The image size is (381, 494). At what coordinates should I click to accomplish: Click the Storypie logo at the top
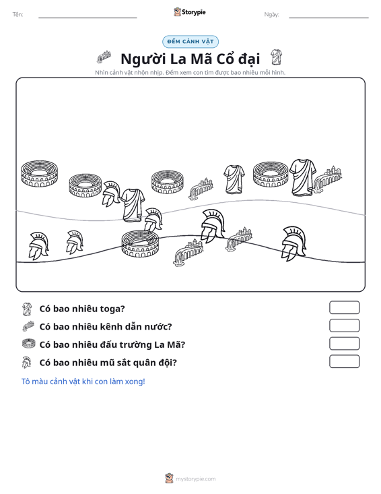pos(190,12)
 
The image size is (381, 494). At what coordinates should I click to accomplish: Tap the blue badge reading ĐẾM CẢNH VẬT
pos(190,42)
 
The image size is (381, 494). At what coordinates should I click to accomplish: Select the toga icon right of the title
pos(276,57)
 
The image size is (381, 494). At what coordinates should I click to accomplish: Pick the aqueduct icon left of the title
pos(104,57)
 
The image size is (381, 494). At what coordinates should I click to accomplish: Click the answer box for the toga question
pos(344,307)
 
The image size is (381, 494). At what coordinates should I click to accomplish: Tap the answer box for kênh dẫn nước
pos(344,326)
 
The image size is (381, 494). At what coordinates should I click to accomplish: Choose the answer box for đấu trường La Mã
pos(344,344)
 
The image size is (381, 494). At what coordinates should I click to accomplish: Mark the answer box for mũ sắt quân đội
pos(344,361)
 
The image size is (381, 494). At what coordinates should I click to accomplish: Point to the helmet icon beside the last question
pos(26,363)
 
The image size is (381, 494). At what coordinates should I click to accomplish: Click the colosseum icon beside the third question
pos(29,344)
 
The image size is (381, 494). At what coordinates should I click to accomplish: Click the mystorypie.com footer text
pos(196,479)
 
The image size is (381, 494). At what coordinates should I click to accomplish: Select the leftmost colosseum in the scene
pos(39,174)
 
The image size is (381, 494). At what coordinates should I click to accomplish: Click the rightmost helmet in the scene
pos(294,243)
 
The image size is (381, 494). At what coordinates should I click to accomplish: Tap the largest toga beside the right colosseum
pos(303,177)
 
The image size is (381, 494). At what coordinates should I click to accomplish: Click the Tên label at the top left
pos(18,15)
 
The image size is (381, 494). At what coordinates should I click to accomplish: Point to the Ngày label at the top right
pos(271,15)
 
